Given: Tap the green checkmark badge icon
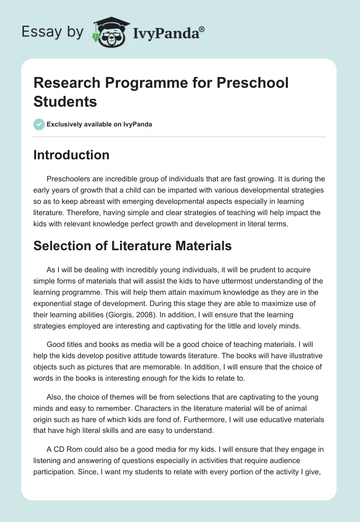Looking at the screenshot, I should point(39,124).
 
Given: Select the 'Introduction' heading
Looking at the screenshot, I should point(72,155).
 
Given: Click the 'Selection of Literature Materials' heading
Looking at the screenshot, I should point(133,246).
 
